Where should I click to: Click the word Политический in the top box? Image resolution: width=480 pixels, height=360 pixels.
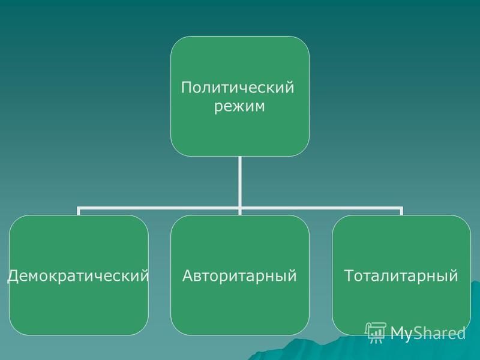pyautogui.click(x=238, y=88)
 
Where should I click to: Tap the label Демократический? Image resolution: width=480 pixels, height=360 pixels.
pyautogui.click(x=78, y=275)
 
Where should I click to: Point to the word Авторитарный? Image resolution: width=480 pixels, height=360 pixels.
pyautogui.click(x=239, y=276)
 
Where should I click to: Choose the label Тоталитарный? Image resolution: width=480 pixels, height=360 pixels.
pyautogui.click(x=401, y=275)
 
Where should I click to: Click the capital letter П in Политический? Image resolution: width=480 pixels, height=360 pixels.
pyautogui.click(x=187, y=88)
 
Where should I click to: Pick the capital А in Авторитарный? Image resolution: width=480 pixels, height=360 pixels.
pyautogui.click(x=188, y=275)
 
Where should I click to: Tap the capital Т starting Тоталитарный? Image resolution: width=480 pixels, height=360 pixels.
pyautogui.click(x=349, y=275)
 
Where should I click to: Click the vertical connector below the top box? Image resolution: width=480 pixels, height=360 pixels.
pyautogui.click(x=239, y=182)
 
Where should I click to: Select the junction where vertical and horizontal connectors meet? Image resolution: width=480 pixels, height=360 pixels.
pyautogui.click(x=239, y=208)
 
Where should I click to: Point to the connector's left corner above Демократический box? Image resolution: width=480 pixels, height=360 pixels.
pyautogui.click(x=79, y=208)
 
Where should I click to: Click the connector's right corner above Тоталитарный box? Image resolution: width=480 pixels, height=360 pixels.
pyautogui.click(x=401, y=208)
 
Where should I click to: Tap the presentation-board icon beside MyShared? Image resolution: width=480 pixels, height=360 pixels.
pyautogui.click(x=376, y=333)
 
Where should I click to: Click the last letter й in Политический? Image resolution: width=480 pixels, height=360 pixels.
pyautogui.click(x=289, y=87)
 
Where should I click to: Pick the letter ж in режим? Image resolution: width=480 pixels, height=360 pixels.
pyautogui.click(x=238, y=107)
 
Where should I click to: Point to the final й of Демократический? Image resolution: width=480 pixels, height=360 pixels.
pyautogui.click(x=144, y=275)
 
